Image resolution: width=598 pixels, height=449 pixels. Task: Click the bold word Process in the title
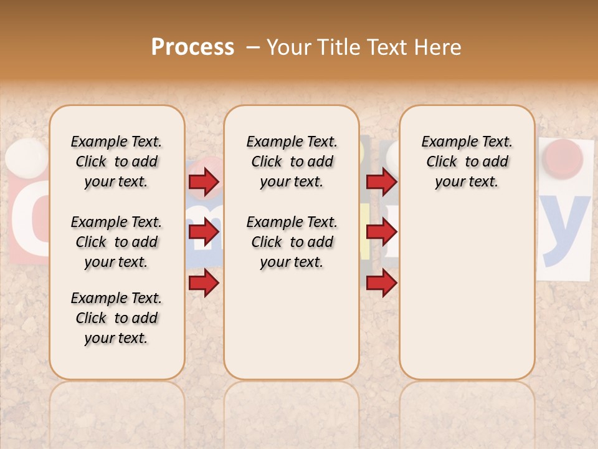click(192, 47)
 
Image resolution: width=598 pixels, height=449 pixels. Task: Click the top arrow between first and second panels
click(204, 181)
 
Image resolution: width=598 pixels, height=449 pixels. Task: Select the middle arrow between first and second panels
click(204, 233)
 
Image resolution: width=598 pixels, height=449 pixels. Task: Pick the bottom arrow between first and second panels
click(204, 283)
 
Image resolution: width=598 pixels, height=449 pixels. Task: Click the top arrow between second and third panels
click(381, 181)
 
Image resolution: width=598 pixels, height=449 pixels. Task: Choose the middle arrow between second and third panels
click(381, 233)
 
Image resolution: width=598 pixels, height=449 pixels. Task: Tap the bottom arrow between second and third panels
click(381, 283)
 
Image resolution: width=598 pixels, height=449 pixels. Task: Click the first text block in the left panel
click(116, 162)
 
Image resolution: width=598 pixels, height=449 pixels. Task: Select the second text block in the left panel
click(116, 242)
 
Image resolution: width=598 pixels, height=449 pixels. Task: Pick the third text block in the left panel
click(116, 318)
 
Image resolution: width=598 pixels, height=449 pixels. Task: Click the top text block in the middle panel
click(292, 162)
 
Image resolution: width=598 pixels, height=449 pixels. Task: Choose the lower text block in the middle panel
click(292, 242)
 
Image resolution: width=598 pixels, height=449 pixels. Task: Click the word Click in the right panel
click(442, 162)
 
